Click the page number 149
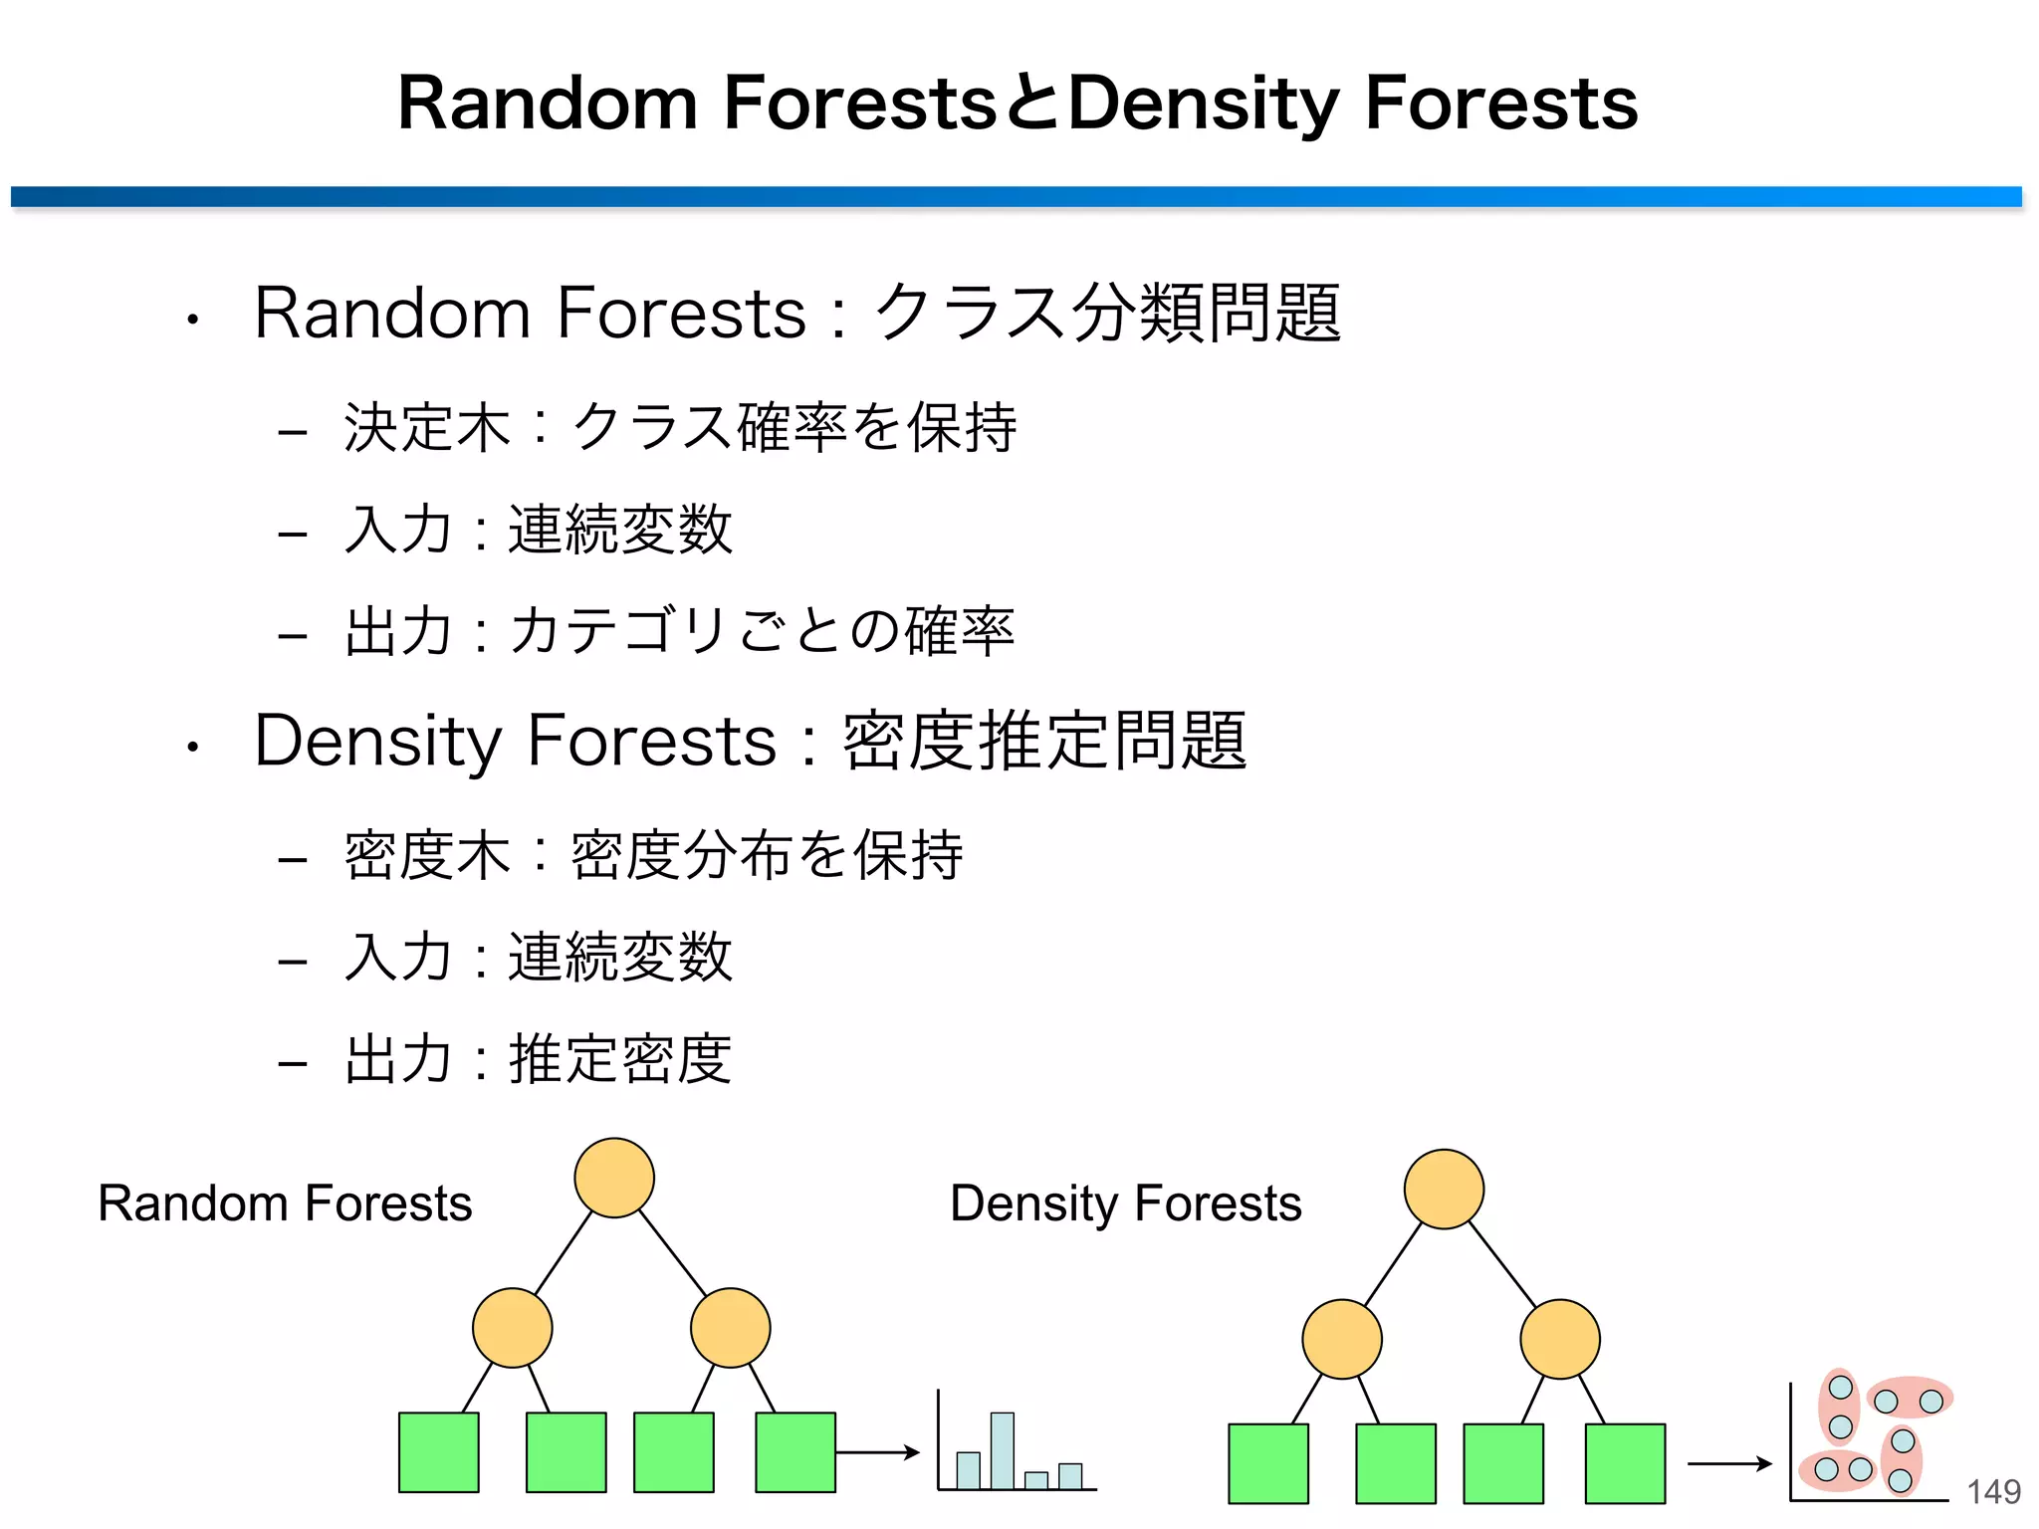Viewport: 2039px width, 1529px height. (x=1993, y=1491)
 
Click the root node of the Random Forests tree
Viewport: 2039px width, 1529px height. (x=614, y=1178)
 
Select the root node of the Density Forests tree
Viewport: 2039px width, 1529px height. (x=1444, y=1189)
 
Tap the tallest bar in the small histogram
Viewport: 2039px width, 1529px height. (x=1003, y=1450)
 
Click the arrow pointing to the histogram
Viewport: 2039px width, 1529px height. (x=877, y=1452)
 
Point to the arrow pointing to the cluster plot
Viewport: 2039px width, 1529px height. (x=1729, y=1463)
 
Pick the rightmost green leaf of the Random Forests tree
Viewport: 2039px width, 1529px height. (x=795, y=1452)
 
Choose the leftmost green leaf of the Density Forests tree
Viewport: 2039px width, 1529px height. (x=1268, y=1463)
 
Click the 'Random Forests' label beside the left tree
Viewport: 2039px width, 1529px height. (x=285, y=1203)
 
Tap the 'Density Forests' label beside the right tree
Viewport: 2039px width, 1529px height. (x=1126, y=1203)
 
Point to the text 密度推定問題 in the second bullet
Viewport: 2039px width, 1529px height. (x=1045, y=741)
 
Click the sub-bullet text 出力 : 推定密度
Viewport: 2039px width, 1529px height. (x=539, y=1058)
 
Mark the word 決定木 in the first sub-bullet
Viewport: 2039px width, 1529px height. (x=427, y=428)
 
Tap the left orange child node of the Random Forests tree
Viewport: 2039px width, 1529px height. (x=512, y=1328)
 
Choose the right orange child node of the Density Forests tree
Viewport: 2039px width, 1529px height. (x=1560, y=1339)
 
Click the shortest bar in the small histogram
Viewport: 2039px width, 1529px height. (x=1036, y=1480)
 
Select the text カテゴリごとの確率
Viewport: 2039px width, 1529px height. (x=762, y=631)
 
